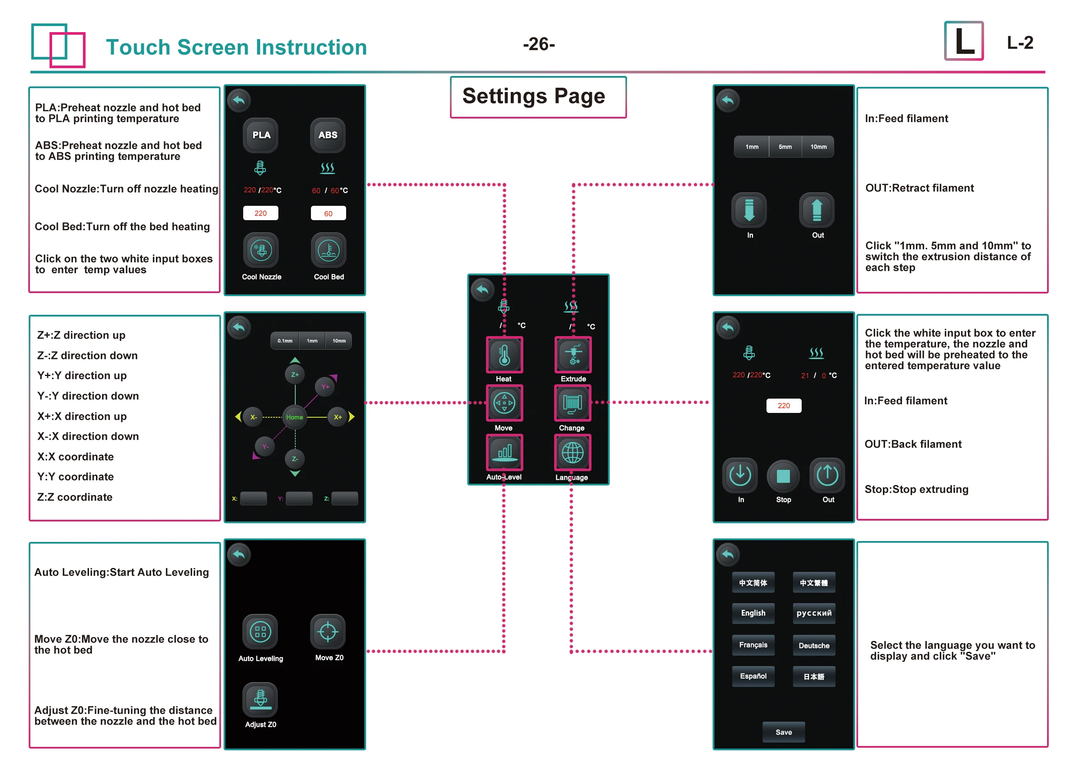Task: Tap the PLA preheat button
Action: coord(261,135)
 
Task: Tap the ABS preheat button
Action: coord(328,135)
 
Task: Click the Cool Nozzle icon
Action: coord(261,250)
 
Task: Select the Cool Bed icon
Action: coord(328,250)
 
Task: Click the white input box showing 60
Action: coord(328,214)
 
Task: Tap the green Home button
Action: coord(294,417)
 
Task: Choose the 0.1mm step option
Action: coord(285,341)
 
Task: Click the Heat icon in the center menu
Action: coord(504,355)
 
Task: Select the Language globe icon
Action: coord(572,453)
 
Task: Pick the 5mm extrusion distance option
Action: coord(785,147)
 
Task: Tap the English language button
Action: coord(753,613)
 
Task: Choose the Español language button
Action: coord(753,676)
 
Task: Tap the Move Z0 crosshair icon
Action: coord(328,632)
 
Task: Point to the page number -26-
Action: coord(539,44)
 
